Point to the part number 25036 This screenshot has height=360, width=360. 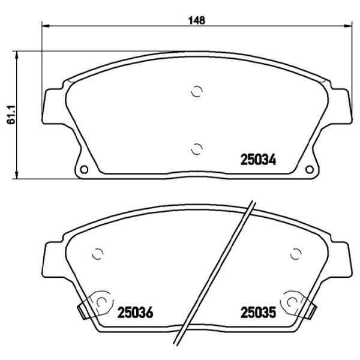pos(135,313)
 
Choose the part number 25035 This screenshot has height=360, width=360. pos(257,313)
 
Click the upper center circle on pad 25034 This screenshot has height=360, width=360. pos(197,91)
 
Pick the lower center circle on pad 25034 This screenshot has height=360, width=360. pos(197,148)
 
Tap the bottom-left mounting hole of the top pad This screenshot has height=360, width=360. pos(84,168)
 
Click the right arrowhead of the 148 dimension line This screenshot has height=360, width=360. pos(349,26)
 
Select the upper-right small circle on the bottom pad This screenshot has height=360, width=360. pos(295,254)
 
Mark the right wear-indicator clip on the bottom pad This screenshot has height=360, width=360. pos(313,311)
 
